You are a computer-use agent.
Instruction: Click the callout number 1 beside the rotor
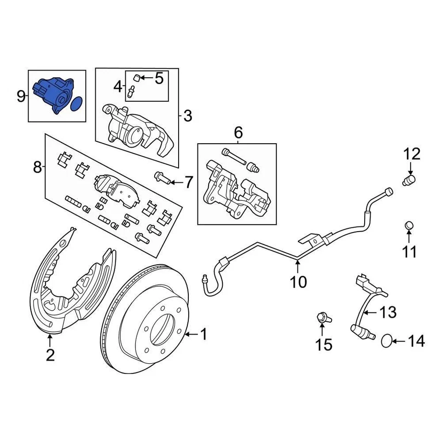203,334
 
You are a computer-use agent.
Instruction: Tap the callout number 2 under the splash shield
50,355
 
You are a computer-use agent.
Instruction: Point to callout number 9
21,97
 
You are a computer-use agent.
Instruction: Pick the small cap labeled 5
137,77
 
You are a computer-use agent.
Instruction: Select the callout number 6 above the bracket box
238,133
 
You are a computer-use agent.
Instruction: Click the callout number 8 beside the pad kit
37,167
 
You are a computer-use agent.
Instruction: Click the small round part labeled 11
409,226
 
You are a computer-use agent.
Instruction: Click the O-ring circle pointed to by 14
388,341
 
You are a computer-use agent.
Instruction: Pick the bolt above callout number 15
322,317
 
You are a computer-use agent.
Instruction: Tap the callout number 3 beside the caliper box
187,116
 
